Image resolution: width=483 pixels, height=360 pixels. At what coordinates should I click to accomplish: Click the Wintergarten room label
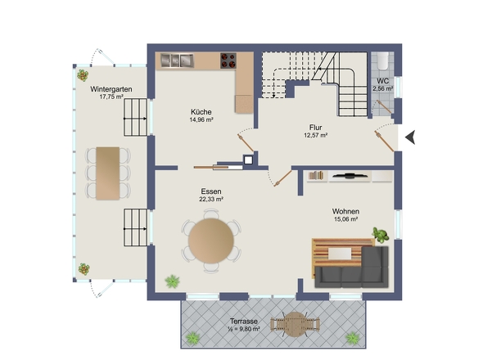coord(111,89)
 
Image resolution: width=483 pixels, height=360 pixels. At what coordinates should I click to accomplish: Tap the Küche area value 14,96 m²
coord(201,119)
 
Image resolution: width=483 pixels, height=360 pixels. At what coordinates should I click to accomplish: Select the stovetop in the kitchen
coord(228,61)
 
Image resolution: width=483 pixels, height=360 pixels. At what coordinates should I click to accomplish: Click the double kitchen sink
coord(177,61)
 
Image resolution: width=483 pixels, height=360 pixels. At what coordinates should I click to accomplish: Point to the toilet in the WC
coord(383,60)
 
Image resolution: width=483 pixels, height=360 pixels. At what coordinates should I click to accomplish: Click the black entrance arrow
coord(411,137)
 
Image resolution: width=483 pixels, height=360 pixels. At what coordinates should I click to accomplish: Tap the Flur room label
coord(316,128)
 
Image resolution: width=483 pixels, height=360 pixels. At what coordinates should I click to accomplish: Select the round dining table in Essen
coord(211,241)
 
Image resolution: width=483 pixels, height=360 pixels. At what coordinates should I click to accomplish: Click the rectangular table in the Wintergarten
coord(108,173)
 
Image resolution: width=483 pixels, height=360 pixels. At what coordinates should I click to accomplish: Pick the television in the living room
coord(350,176)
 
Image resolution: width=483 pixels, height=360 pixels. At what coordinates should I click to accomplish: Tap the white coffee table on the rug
coord(340,254)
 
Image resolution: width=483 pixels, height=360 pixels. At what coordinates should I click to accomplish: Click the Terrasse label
coord(244,322)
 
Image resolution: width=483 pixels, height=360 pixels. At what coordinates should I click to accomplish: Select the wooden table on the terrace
coord(295,325)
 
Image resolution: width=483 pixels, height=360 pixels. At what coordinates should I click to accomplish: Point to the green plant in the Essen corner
coord(172,281)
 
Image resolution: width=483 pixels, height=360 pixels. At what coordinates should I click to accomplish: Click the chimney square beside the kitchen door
coord(248,160)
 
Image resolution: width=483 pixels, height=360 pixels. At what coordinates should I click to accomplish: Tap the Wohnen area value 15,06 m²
coord(345,219)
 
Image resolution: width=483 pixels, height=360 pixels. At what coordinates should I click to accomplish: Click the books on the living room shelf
coord(316,175)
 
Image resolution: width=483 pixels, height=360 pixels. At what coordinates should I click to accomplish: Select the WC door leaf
coord(384,106)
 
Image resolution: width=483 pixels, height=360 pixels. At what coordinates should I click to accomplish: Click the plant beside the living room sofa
coord(381,235)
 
